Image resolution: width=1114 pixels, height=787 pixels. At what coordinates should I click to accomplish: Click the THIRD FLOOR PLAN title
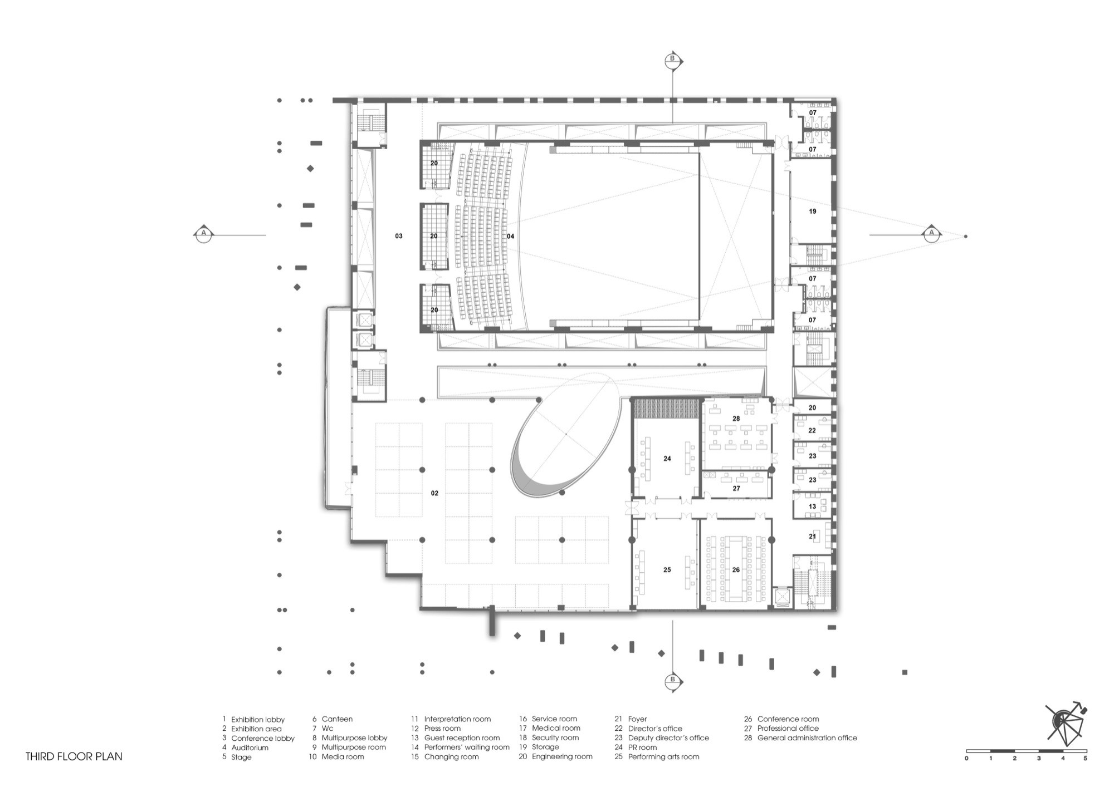coord(74,756)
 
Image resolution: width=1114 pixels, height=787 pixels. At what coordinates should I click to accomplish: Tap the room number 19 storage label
coord(813,211)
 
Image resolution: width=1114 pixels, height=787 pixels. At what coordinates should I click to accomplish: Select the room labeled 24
coord(667,459)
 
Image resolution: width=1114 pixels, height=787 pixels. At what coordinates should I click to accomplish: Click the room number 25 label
coord(667,570)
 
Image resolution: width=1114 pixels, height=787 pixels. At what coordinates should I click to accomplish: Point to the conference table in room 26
coord(736,568)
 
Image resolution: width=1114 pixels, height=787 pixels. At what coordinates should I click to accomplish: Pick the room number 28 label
coord(736,419)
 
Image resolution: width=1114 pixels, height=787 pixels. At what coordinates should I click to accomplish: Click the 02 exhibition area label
coord(434,493)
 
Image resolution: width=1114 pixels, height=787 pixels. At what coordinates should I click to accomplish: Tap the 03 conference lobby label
coord(399,236)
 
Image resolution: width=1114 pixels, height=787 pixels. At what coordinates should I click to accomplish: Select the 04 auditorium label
coord(510,236)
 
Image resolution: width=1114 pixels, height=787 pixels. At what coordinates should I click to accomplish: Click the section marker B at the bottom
coord(673,680)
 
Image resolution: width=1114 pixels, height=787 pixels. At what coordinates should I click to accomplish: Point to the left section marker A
coord(204,234)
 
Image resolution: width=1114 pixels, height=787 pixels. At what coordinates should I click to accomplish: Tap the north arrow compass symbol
coord(1065,724)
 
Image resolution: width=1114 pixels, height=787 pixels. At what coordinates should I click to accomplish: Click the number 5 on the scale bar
coord(1085,759)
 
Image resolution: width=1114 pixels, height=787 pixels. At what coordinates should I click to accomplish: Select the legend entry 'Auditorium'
coord(250,747)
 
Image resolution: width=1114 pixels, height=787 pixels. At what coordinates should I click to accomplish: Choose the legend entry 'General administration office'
coord(807,738)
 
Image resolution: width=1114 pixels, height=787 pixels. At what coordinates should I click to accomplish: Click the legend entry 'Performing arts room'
coord(663,757)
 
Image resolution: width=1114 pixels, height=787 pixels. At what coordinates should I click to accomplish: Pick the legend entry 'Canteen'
coord(337,719)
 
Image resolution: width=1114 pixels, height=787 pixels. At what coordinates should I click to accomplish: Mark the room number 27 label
coord(736,488)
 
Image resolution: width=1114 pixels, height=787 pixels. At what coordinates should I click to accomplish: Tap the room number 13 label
coord(813,506)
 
